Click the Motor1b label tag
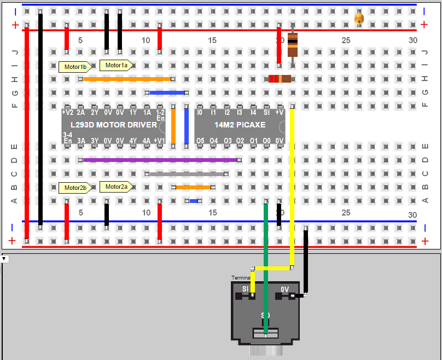[x=75, y=67]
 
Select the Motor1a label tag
[x=116, y=65]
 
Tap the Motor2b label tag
[x=75, y=188]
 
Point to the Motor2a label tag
[x=116, y=187]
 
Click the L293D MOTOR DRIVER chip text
[x=113, y=125]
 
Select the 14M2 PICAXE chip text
[x=240, y=125]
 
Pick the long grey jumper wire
[x=187, y=174]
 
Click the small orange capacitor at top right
[x=359, y=19]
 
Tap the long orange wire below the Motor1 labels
[x=127, y=79]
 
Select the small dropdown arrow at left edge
[x=4, y=258]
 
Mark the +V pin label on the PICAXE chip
[x=280, y=113]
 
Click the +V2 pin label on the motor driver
[x=68, y=113]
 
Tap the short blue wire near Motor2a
[x=194, y=201]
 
